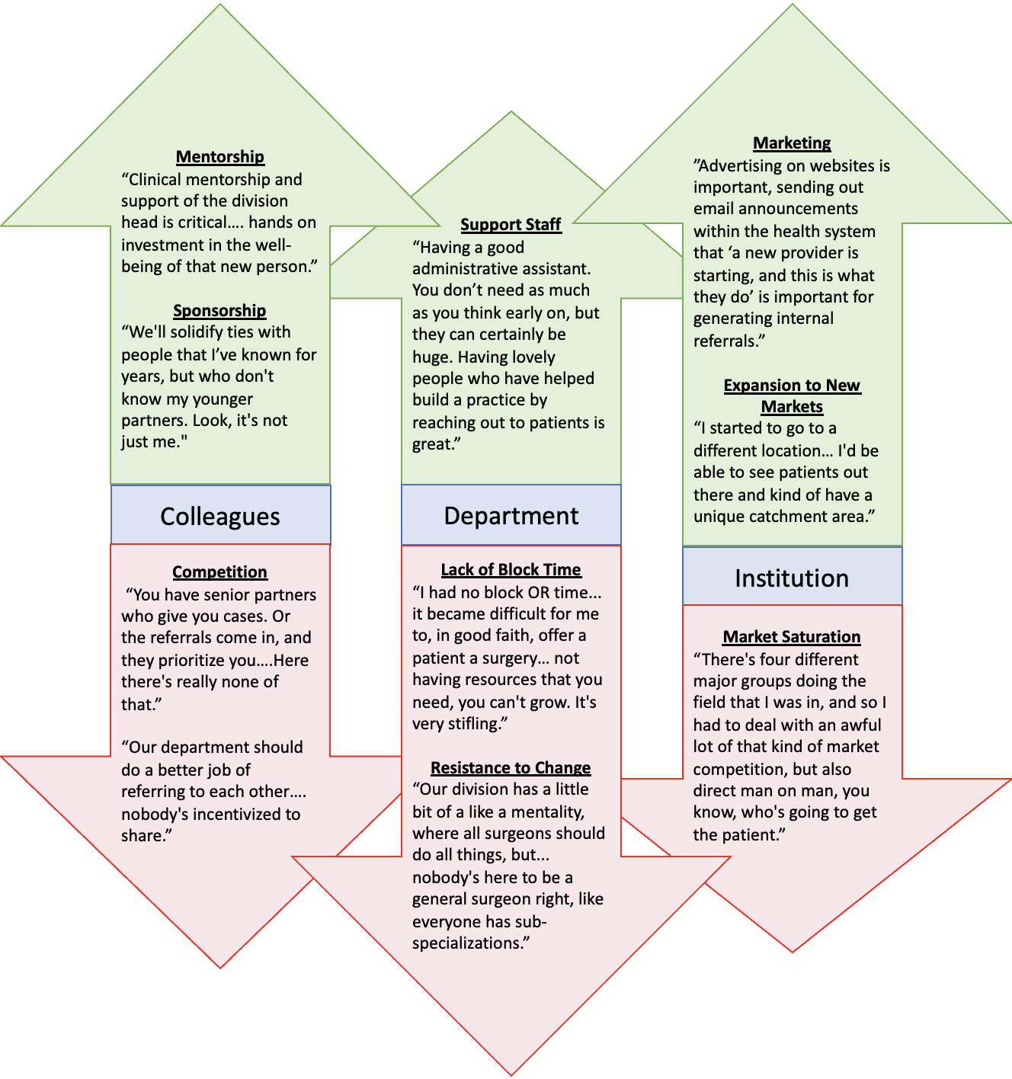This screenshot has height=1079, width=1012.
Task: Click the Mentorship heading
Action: coord(219,157)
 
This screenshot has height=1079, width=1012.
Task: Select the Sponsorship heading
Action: coord(219,311)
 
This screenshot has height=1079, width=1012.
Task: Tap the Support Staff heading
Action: coord(511,225)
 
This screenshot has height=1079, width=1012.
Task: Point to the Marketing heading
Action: coord(792,143)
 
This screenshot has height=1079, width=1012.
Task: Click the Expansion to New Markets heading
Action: coord(792,396)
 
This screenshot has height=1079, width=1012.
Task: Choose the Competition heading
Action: coord(219,572)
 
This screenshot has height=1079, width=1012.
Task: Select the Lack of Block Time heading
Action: coord(511,570)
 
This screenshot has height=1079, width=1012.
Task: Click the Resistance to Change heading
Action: coord(511,768)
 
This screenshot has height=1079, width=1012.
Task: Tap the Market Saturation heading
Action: coord(792,637)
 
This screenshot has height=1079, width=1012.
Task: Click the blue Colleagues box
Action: coord(220,516)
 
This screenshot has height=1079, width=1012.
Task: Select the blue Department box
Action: coord(511,516)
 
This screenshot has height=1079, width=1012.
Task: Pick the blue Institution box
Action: coord(792,578)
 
